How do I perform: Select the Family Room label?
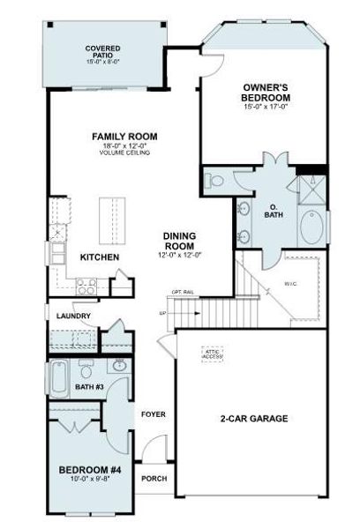tap(124, 137)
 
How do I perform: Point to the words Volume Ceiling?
tap(124, 153)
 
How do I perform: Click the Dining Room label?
tap(179, 242)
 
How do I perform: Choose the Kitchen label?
tap(100, 257)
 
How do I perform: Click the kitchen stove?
tap(87, 286)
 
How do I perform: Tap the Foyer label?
tap(154, 414)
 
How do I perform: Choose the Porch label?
tap(154, 479)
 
